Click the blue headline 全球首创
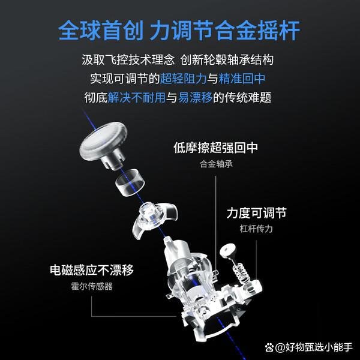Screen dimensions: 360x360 click(101, 31)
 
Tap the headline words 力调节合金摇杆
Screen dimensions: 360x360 click(224, 31)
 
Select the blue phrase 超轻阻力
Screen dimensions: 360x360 click(183, 79)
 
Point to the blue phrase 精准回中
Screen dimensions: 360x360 click(242, 79)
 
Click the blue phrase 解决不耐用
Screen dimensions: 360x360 click(137, 98)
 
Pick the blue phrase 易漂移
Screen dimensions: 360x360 click(195, 98)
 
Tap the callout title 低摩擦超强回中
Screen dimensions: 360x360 click(215, 148)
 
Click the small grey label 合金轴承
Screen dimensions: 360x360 click(216, 164)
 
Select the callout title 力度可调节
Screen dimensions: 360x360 click(256, 213)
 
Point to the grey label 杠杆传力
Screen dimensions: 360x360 click(256, 229)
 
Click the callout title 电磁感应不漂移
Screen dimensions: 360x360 click(92, 270)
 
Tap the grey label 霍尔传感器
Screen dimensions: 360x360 click(92, 287)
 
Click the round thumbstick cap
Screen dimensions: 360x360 click(103, 143)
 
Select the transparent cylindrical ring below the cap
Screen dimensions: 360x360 click(130, 182)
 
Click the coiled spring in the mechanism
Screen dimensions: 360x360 click(242, 273)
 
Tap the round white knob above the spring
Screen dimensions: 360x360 click(230, 250)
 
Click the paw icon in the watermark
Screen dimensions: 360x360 click(269, 347)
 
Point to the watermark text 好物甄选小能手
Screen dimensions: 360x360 click(319, 347)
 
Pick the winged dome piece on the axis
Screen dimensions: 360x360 click(154, 218)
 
